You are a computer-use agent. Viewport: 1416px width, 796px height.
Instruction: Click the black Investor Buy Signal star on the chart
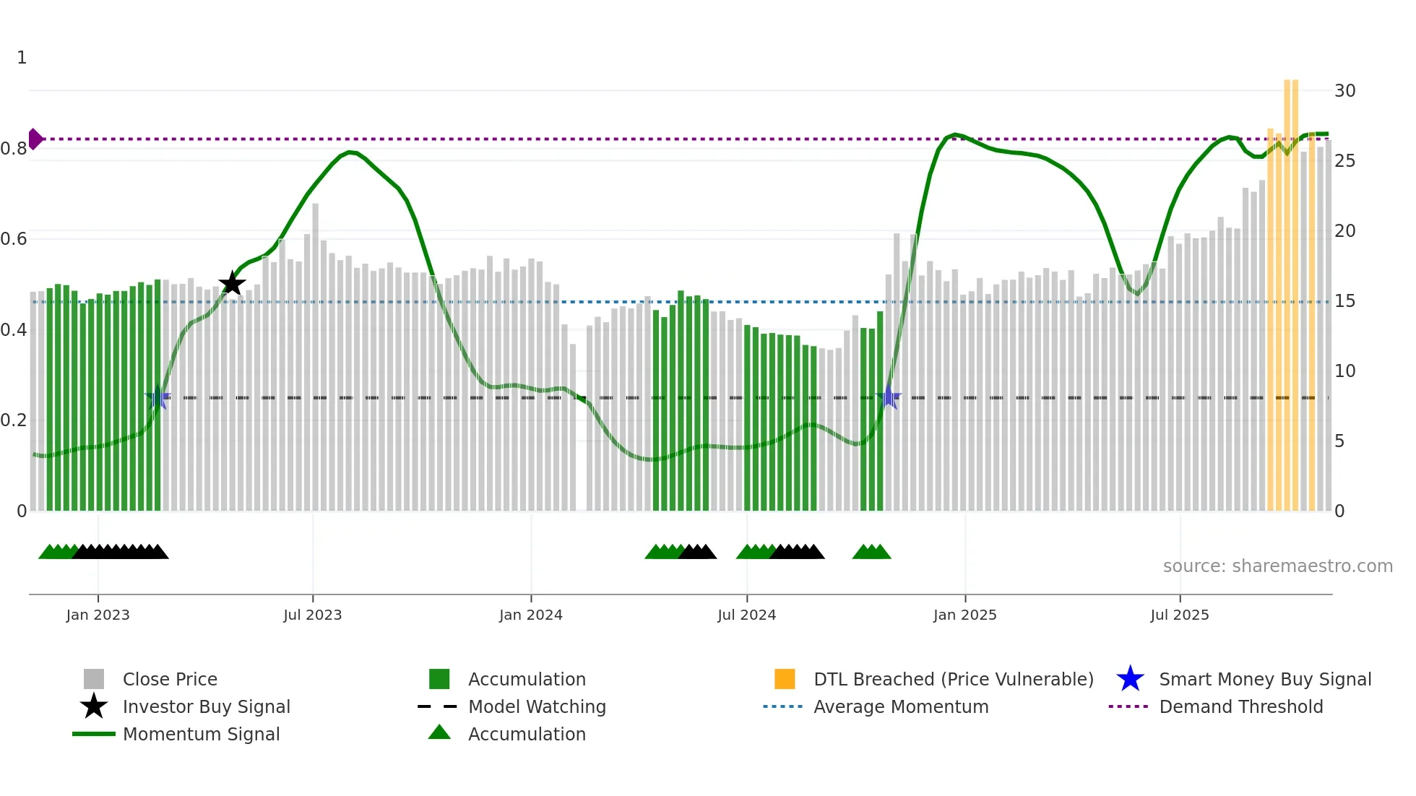click(x=232, y=284)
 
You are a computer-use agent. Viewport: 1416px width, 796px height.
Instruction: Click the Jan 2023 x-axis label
click(x=98, y=615)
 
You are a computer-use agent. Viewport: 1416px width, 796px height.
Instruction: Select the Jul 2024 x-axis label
click(x=746, y=615)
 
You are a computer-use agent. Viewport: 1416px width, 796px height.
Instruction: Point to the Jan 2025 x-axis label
click(x=964, y=615)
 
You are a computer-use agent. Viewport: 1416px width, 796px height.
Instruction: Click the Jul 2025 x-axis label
click(x=1179, y=615)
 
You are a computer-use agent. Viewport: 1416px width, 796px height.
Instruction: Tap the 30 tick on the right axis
click(x=1344, y=91)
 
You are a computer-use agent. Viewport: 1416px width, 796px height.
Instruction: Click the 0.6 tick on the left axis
click(x=14, y=239)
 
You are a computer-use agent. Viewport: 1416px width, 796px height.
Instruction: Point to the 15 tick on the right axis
click(x=1344, y=301)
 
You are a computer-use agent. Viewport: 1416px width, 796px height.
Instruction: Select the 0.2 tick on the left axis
click(x=14, y=420)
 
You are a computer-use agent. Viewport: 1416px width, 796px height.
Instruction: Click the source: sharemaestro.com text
click(x=1277, y=566)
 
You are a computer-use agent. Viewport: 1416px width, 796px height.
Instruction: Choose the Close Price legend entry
click(x=170, y=679)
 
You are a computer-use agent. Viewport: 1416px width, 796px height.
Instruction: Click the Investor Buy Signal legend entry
click(x=206, y=706)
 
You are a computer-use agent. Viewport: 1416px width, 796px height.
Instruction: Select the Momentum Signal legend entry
click(x=201, y=734)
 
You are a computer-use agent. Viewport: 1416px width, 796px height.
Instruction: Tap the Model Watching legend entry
click(x=537, y=706)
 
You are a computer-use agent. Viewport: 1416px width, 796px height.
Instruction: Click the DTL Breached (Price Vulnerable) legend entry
click(x=953, y=679)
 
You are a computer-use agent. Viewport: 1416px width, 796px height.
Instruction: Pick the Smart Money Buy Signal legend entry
click(x=1265, y=679)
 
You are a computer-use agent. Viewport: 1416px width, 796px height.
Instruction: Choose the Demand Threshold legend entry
click(x=1240, y=706)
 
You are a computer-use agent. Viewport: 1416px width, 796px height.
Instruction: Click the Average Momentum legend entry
click(x=901, y=706)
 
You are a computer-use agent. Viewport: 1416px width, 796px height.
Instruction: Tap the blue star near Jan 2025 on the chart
click(x=889, y=397)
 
